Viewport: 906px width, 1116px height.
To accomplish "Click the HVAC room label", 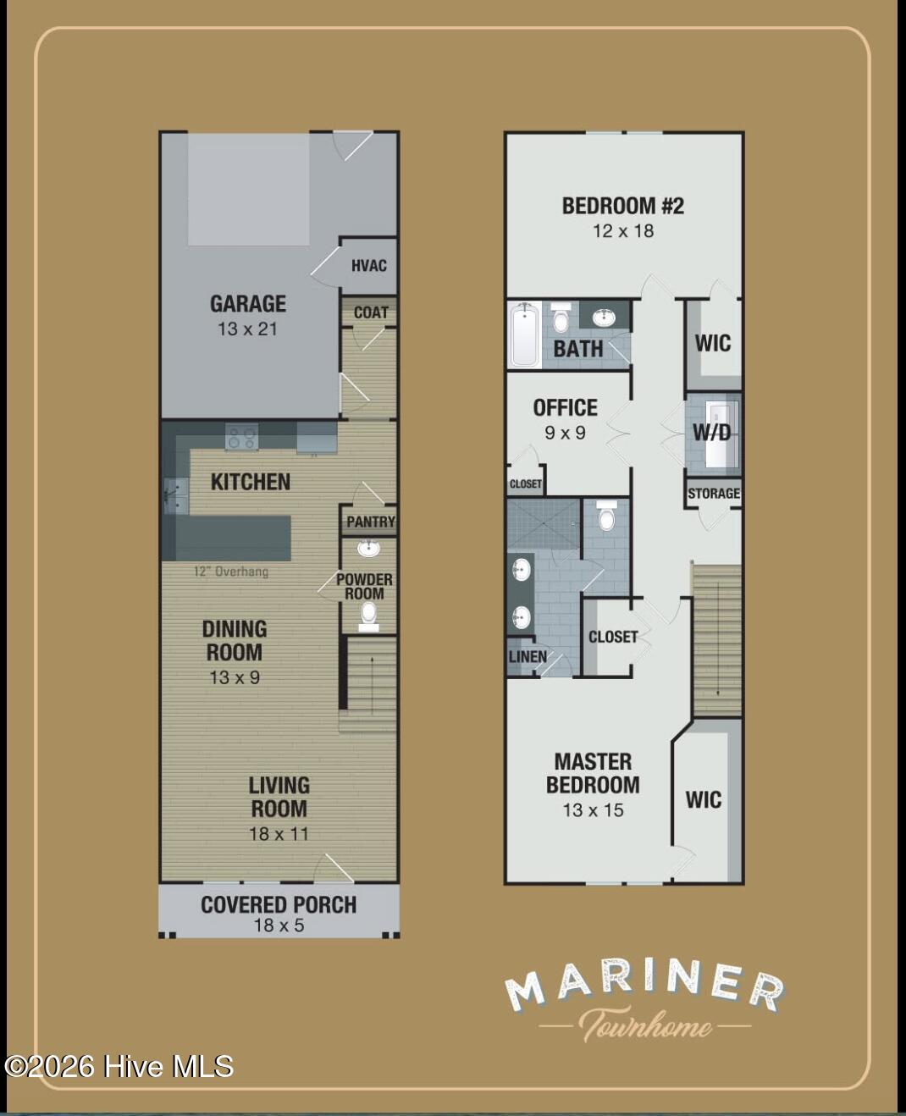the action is (x=369, y=266).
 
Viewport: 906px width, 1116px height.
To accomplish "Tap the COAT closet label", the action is (x=371, y=312).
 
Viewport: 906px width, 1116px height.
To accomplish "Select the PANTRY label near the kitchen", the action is (x=371, y=522).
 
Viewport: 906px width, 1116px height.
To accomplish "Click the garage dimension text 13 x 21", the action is (x=247, y=329).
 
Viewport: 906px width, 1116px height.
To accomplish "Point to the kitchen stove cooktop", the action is (x=241, y=437).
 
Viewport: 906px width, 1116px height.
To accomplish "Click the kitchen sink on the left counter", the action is (x=176, y=495).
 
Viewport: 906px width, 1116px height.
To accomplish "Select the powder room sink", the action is (x=369, y=549).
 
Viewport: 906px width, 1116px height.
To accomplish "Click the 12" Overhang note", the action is (x=231, y=572).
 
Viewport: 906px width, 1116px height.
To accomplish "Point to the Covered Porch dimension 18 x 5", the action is (x=279, y=925).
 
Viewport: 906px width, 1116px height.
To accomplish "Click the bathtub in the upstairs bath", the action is (x=525, y=334).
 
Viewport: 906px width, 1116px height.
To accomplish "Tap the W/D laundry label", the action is (x=711, y=433).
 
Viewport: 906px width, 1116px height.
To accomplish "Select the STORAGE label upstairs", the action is (x=714, y=494).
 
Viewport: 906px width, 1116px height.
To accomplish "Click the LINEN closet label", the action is (x=528, y=656).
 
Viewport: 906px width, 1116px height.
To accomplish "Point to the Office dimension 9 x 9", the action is (x=565, y=433).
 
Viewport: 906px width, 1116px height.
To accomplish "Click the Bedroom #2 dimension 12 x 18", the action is (x=623, y=231).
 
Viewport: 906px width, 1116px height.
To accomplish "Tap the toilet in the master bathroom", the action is (x=606, y=515).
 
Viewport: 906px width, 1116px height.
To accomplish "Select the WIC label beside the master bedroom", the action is (x=704, y=800).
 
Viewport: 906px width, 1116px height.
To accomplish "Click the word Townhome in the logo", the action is (x=645, y=1025).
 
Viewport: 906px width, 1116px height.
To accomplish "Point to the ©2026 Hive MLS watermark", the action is (x=119, y=1067).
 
